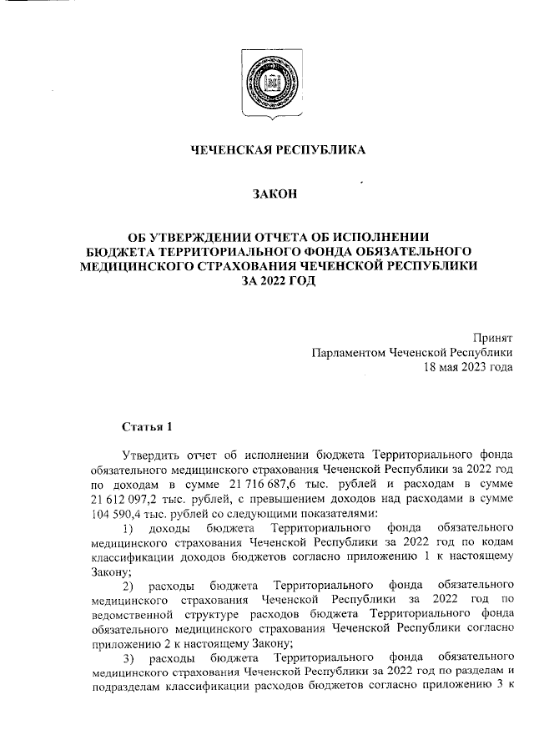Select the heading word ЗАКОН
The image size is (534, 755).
pyautogui.click(x=275, y=195)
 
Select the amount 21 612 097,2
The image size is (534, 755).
pyautogui.click(x=124, y=501)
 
